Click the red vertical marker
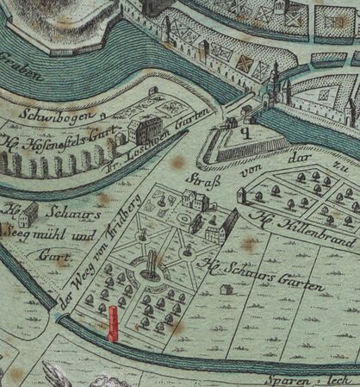coord(112,323)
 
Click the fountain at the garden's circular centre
coord(151,266)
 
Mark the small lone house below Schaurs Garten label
coord(226,290)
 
